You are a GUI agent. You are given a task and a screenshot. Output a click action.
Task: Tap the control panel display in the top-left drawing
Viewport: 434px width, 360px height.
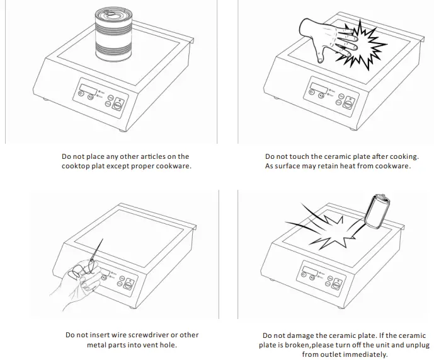pyautogui.click(x=88, y=85)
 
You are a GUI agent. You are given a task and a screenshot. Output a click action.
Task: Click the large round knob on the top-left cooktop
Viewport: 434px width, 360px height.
pyautogui.click(x=117, y=105)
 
